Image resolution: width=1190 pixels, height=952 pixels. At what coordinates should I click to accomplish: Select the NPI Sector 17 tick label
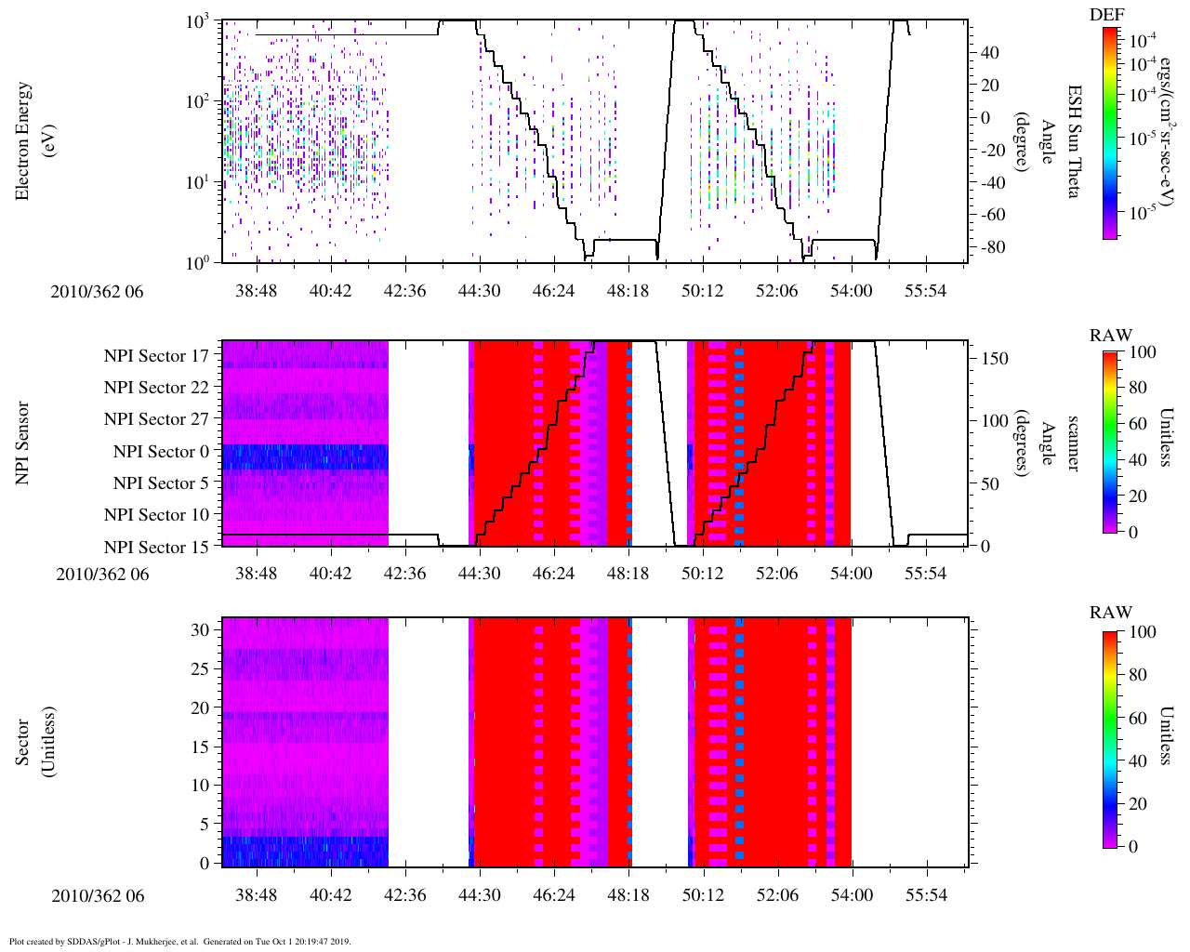pyautogui.click(x=156, y=356)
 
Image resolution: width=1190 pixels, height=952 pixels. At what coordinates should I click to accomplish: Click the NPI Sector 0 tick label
pyautogui.click(x=161, y=452)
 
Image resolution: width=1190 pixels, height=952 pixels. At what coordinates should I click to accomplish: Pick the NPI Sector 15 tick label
pyautogui.click(x=156, y=548)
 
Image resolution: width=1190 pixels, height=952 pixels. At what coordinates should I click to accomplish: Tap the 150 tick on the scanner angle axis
pyautogui.click(x=996, y=359)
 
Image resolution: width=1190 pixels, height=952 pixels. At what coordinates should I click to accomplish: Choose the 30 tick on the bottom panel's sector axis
pyautogui.click(x=201, y=630)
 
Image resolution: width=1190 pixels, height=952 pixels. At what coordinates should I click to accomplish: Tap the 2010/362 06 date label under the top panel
pyautogui.click(x=98, y=291)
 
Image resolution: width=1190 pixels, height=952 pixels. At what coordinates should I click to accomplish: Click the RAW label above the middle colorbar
pyautogui.click(x=1111, y=336)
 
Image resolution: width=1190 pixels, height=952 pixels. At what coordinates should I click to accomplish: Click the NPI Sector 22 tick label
pyautogui.click(x=156, y=388)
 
